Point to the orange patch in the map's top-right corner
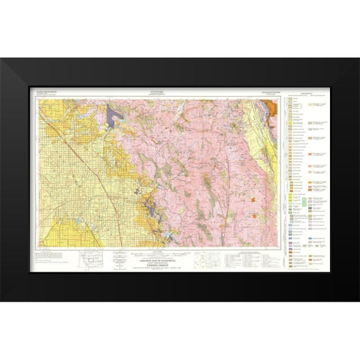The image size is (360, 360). point(273,106)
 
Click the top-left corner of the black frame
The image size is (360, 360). point(1,59)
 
